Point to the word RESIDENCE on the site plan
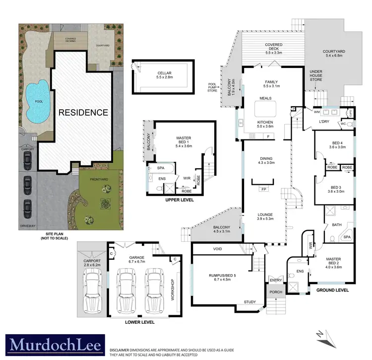(x=83, y=112)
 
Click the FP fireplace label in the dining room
(x=263, y=189)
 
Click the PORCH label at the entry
(x=275, y=292)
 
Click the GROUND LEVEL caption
(x=333, y=290)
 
